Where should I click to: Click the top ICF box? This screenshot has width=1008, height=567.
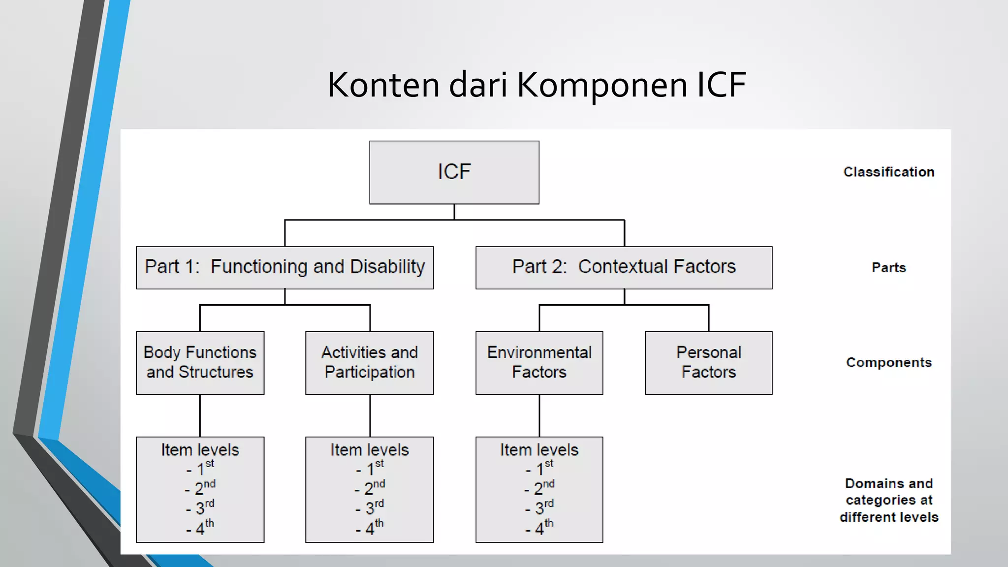click(454, 172)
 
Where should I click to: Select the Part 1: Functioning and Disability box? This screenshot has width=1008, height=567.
click(284, 267)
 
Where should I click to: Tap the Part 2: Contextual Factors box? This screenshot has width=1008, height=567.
click(624, 267)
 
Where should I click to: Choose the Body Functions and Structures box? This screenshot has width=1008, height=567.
click(200, 363)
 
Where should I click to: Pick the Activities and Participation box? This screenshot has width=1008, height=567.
click(369, 363)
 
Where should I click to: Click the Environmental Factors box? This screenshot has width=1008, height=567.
click(539, 363)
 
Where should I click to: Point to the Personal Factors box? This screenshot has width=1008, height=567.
click(708, 363)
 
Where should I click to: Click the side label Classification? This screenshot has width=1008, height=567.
click(888, 172)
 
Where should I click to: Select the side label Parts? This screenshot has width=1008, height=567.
click(888, 267)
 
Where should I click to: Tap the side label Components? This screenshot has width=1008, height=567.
click(888, 363)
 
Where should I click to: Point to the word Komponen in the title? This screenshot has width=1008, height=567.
click(602, 85)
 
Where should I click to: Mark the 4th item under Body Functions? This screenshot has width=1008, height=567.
click(201, 528)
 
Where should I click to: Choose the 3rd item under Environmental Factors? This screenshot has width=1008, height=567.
click(540, 507)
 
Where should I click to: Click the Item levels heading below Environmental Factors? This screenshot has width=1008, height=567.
click(539, 450)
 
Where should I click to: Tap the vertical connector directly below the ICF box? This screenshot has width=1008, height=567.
click(454, 212)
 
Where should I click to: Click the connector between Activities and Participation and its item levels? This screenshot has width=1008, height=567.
click(370, 415)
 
